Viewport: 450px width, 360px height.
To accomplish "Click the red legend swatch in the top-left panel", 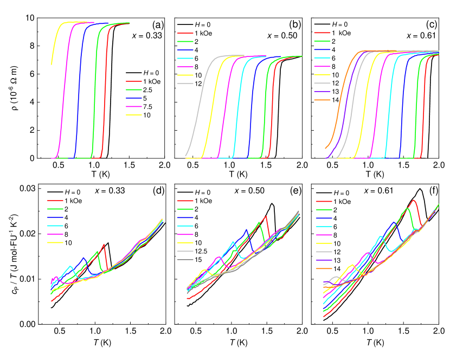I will [x=134, y=81].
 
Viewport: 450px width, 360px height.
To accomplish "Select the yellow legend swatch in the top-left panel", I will [x=134, y=115].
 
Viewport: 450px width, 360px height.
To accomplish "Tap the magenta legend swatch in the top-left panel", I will [x=134, y=107].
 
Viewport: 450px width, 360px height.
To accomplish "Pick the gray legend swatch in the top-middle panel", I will [x=185, y=83].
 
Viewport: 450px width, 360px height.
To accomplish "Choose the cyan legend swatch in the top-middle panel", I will [x=185, y=58].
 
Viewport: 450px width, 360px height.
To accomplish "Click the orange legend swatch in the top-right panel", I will [x=323, y=100].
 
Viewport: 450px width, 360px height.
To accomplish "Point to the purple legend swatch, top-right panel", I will [x=323, y=92].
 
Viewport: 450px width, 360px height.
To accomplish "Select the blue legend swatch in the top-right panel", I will [x=323, y=50].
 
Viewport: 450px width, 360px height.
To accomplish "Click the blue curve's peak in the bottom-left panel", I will [x=83, y=258].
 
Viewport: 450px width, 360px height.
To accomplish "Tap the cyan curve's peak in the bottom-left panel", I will [x=70, y=267].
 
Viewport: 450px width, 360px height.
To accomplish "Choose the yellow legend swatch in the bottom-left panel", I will [x=55, y=243].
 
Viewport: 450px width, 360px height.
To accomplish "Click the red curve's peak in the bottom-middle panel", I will [x=266, y=216].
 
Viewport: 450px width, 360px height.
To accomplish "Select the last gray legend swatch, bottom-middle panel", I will [x=185, y=260].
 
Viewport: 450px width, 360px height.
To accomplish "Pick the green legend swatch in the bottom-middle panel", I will [x=185, y=209].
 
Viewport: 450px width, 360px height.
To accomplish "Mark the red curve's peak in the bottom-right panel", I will [x=414, y=200].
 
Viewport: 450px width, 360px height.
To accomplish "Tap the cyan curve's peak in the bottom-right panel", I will [x=381, y=237].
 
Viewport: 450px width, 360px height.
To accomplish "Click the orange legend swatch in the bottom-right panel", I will [x=324, y=268].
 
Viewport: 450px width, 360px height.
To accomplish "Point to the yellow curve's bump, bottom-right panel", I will [x=352, y=265].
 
